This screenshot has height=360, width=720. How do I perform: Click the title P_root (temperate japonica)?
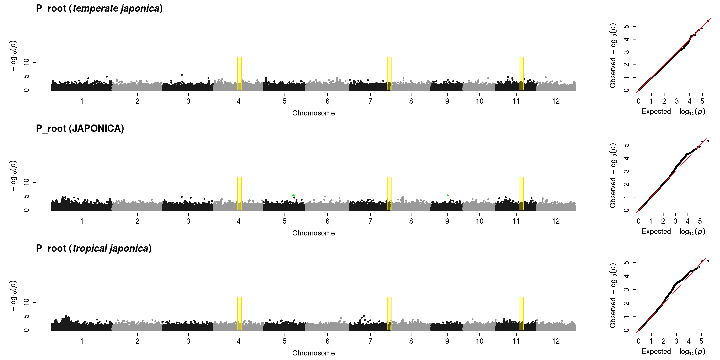pos(99,8)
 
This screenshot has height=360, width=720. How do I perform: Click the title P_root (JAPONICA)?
pos(80,129)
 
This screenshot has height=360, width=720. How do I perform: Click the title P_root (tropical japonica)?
pos(94,248)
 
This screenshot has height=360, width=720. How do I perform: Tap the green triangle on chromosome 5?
pos(293,195)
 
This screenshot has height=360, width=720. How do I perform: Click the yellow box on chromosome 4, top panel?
pos(239,73)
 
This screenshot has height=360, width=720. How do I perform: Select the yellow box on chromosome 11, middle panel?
pos(521,193)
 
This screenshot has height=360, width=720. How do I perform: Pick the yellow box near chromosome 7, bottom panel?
pos(389,313)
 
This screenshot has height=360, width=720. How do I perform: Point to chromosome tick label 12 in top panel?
pos(556,101)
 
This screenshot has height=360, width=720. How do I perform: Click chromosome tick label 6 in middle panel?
pos(327,221)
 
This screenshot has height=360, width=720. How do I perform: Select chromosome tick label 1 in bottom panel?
pos(82,341)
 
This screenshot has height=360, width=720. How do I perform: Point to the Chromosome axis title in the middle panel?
pos(313,233)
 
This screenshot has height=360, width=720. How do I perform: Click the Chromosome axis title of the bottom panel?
pos(313,353)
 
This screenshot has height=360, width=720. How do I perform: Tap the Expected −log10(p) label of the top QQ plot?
pos(673,112)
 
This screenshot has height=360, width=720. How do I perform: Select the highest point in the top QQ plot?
pos(708,21)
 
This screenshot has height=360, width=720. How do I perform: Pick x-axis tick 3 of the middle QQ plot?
pos(675,221)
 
